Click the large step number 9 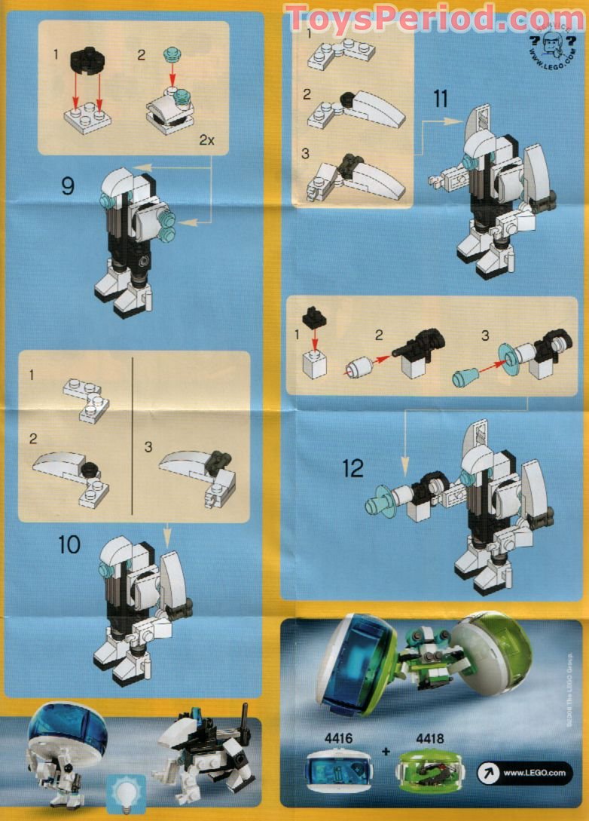click(68, 185)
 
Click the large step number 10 click(69, 544)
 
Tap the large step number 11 click(441, 99)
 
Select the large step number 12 click(352, 468)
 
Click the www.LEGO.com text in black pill click(535, 773)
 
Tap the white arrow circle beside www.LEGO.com click(487, 773)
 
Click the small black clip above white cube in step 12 click(314, 317)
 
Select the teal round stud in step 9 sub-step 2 click(172, 54)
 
